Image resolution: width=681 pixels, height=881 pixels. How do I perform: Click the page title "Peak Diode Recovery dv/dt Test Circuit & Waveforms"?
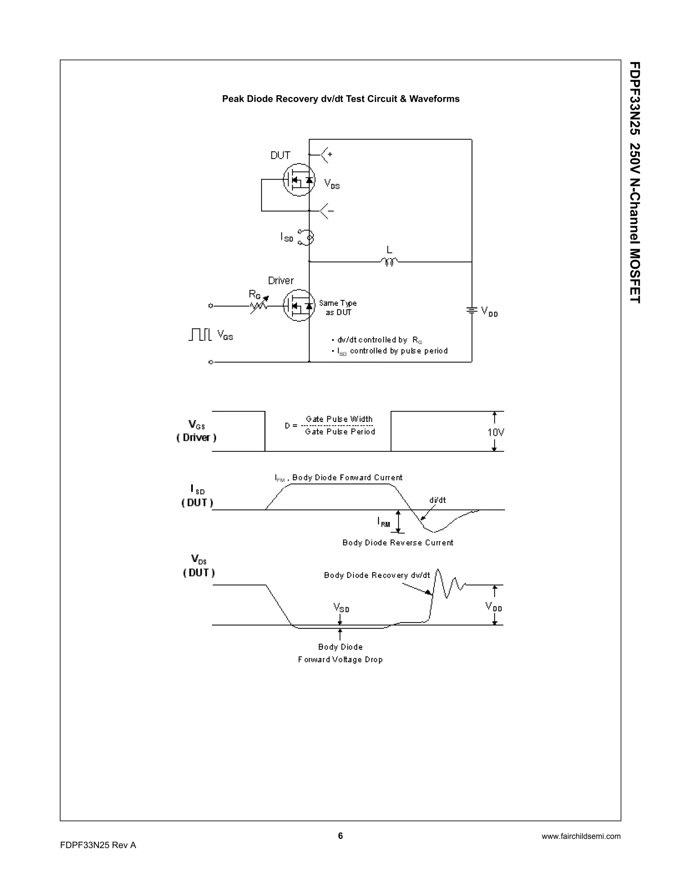[340, 99]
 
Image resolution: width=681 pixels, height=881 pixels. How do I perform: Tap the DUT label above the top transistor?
[280, 156]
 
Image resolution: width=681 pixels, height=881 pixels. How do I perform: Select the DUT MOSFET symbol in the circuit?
[299, 180]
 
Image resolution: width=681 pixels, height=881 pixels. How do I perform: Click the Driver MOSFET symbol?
[299, 306]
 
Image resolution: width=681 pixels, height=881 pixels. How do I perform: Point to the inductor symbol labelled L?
[389, 262]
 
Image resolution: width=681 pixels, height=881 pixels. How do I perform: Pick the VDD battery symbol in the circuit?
[472, 310]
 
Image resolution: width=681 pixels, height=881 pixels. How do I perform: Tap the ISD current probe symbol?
[306, 237]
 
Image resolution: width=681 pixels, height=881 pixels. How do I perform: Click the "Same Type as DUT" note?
[338, 308]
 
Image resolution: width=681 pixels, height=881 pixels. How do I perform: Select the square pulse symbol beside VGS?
[200, 334]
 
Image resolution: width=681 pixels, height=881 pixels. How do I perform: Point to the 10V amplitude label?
[495, 433]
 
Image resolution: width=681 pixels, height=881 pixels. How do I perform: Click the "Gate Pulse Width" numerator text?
[339, 419]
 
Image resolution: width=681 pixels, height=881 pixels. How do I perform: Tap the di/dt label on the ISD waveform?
[437, 500]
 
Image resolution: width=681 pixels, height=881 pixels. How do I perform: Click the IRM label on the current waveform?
[384, 522]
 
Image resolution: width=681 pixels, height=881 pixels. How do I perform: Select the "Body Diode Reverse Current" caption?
[397, 543]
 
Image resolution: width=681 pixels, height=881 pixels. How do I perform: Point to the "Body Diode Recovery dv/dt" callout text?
[377, 575]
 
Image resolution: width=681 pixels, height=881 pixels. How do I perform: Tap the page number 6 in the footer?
[340, 835]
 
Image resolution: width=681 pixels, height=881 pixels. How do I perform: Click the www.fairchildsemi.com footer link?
[581, 836]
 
